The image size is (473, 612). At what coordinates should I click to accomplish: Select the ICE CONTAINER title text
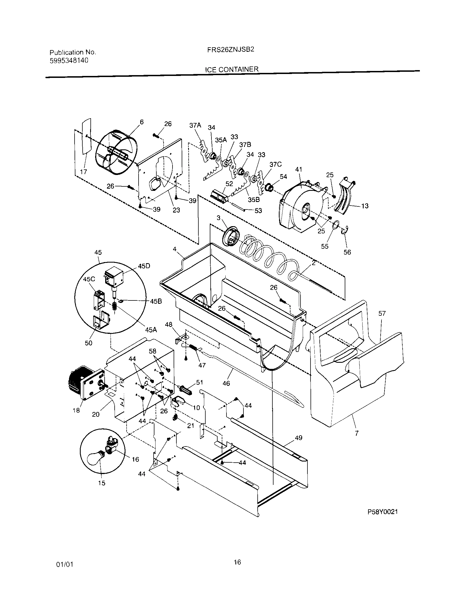coord(232,69)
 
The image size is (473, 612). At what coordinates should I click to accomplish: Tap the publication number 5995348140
coord(69,61)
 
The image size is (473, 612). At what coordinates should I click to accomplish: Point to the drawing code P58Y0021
coord(383,512)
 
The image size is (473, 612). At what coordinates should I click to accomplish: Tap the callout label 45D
coord(144,266)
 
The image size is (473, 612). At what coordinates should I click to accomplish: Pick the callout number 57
coord(382,314)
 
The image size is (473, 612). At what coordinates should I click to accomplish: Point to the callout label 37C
coord(275,164)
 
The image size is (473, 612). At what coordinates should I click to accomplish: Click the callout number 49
coord(299,438)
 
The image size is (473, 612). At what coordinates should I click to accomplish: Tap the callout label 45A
coord(151,330)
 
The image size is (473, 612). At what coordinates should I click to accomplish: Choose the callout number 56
coord(347,252)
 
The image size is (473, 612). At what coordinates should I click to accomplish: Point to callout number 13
coord(364,206)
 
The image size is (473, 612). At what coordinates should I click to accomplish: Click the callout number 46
coord(226,383)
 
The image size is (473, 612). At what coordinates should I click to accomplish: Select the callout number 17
coord(83,172)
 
